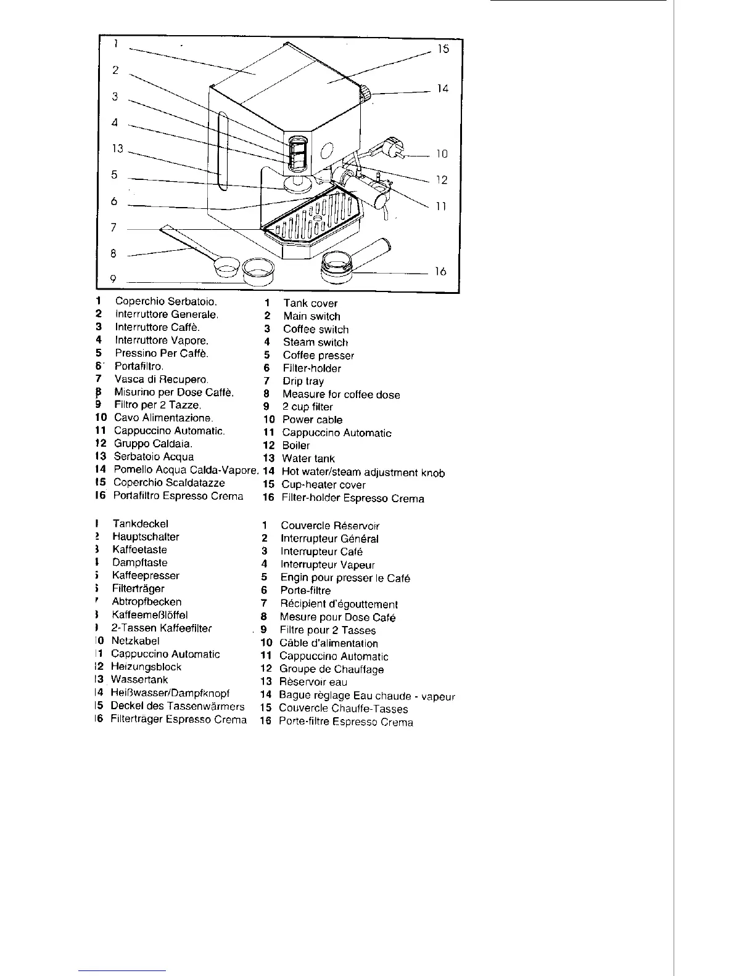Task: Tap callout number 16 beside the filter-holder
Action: coord(440,271)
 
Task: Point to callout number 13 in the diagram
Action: coord(118,148)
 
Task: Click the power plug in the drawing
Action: coord(392,147)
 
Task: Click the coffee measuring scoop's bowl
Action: coord(226,268)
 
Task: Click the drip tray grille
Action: coord(315,217)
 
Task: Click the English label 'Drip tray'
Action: coord(303,381)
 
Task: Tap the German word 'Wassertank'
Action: coord(139,680)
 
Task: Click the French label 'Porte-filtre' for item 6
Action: coord(305,590)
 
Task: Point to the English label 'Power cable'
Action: coord(312,420)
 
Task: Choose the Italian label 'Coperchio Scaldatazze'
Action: coord(170,483)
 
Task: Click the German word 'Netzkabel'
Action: coord(135,641)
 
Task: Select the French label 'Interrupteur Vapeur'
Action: coord(328,564)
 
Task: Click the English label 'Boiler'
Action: coord(296,445)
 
